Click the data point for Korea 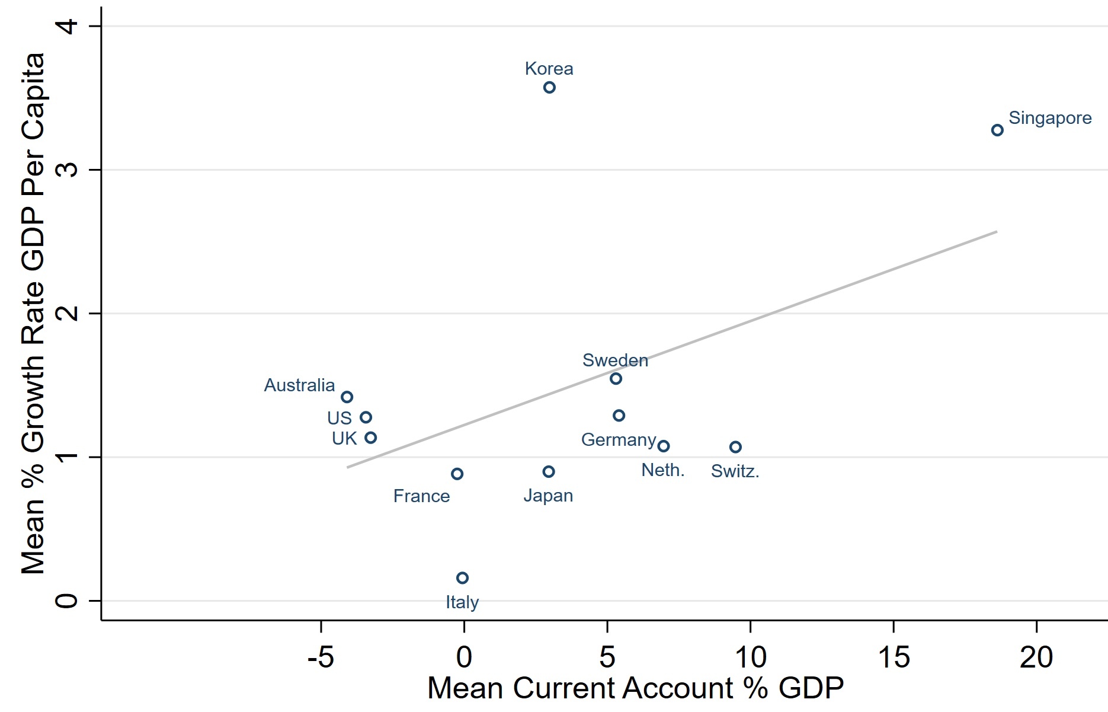point(549,88)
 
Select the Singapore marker point(997,130)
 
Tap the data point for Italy point(463,578)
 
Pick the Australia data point point(347,397)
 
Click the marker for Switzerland point(735,447)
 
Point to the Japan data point point(549,472)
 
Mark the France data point point(457,474)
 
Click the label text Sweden point(615,360)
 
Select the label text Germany point(619,440)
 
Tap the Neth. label point(663,471)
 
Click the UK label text point(344,439)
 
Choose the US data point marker point(366,417)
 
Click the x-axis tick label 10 point(750,657)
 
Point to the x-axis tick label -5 point(321,657)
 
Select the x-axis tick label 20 point(1036,657)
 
